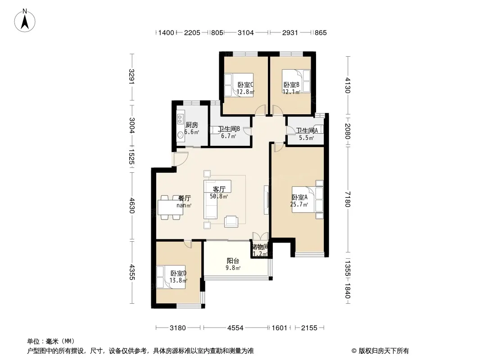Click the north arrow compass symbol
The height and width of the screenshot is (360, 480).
pyautogui.click(x=25, y=21)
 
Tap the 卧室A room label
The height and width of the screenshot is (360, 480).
pyautogui.click(x=299, y=197)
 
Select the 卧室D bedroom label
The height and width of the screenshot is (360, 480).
pyautogui.click(x=178, y=273)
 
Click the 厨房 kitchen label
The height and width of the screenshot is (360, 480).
pyautogui.click(x=192, y=125)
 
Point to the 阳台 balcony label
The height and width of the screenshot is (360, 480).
pyautogui.click(x=233, y=261)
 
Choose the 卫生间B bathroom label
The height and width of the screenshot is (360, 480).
pyautogui.click(x=229, y=129)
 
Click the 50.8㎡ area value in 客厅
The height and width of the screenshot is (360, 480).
pyautogui.click(x=219, y=196)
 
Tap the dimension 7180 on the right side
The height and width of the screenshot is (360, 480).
pyautogui.click(x=347, y=199)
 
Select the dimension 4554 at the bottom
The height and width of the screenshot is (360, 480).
pyautogui.click(x=235, y=328)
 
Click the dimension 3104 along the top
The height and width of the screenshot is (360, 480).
pyautogui.click(x=246, y=32)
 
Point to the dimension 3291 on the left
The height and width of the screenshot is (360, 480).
pyautogui.click(x=131, y=77)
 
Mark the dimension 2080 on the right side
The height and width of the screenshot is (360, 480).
pyautogui.click(x=347, y=131)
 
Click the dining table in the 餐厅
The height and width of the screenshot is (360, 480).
pyautogui.click(x=170, y=208)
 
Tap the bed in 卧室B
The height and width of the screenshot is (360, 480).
pyautogui.click(x=296, y=81)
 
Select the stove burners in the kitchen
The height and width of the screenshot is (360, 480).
pyautogui.click(x=180, y=119)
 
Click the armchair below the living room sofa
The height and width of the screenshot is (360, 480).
pyautogui.click(x=231, y=221)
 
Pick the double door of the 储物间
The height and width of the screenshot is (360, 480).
pyautogui.click(x=260, y=236)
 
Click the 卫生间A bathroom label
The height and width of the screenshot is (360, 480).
pyautogui.click(x=307, y=130)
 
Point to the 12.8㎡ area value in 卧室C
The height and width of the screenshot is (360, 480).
pyautogui.click(x=245, y=91)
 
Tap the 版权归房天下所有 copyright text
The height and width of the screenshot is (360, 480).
pyautogui.click(x=380, y=351)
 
